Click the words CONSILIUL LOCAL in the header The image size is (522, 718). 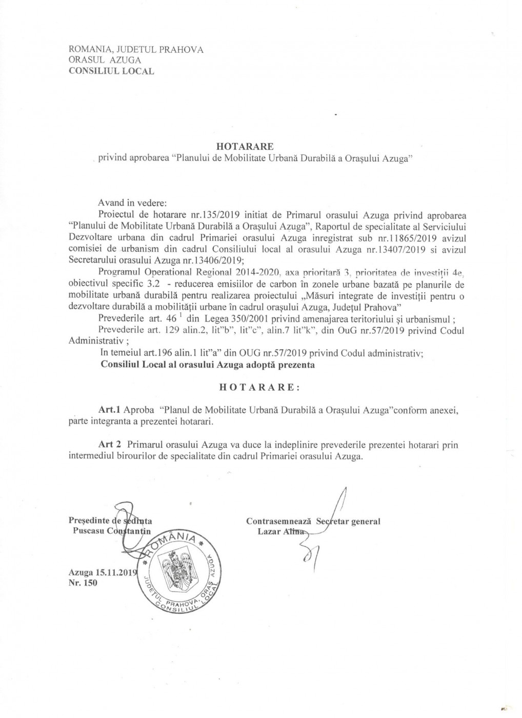tap(111, 71)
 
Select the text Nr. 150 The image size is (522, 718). tap(83, 583)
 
